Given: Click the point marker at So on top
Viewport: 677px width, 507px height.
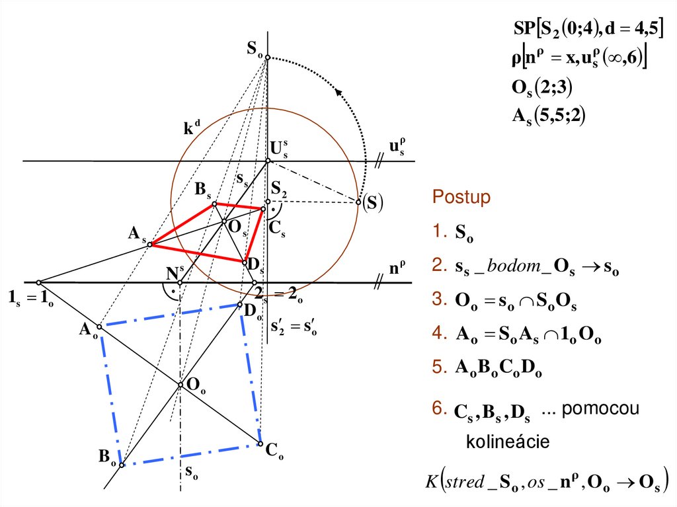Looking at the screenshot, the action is point(268,58).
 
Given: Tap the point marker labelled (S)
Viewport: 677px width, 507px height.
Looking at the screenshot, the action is point(359,202).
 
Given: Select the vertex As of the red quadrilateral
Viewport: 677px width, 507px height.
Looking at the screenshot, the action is point(150,245).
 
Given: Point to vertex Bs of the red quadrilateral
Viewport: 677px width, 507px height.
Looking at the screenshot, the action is point(214,204).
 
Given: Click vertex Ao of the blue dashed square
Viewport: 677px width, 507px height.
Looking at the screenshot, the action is point(99,327).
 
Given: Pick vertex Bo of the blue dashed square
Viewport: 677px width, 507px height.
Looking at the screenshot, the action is point(120,464).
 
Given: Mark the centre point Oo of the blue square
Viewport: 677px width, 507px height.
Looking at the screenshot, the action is point(180,385).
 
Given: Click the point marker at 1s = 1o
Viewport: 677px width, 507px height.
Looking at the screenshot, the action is point(38,282).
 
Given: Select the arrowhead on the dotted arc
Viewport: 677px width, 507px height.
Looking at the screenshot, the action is point(340,93).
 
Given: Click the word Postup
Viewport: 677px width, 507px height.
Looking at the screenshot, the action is point(461,198).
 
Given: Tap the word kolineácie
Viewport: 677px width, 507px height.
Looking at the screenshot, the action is point(508,442).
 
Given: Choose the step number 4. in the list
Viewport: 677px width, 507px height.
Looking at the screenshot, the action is point(440,334).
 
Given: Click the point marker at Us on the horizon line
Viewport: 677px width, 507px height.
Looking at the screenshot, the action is point(268,161).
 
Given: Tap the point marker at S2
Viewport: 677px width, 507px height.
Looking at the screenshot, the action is point(268,202).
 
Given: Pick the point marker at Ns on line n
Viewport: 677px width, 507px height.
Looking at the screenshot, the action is point(180,282).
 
